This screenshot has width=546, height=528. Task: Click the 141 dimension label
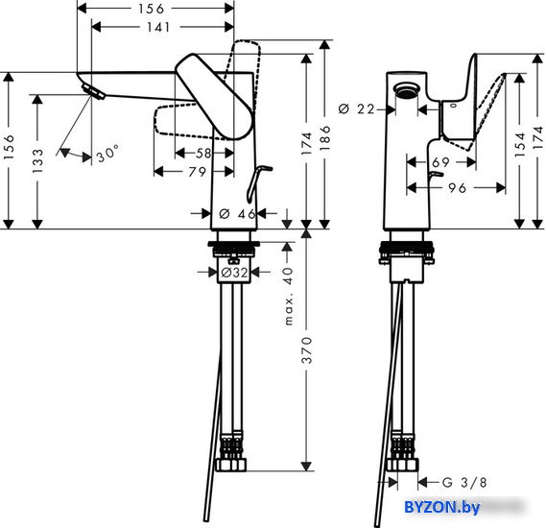tap(158, 27)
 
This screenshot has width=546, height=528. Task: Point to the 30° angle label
tap(107, 154)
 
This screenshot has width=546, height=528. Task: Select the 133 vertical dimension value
tap(37, 161)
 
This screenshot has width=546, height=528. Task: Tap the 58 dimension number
tap(203, 153)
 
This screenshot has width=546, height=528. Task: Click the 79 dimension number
tap(197, 171)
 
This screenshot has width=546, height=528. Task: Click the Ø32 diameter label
tap(234, 272)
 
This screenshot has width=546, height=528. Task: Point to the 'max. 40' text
tap(289, 296)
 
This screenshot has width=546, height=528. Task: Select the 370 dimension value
tap(306, 350)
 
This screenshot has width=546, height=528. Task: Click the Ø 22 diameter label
tap(356, 109)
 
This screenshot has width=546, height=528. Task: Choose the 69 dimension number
tap(440, 162)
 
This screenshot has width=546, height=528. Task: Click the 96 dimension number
tap(457, 188)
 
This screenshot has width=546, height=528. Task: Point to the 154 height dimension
tap(519, 145)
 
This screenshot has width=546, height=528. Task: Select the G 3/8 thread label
tap(464, 482)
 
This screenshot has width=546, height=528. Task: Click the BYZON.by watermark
tap(441, 507)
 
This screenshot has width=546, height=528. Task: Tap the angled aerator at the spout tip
tap(93, 92)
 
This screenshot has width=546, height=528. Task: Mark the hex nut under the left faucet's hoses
tap(230, 465)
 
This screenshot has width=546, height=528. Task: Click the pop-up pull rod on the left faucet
tap(258, 183)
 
